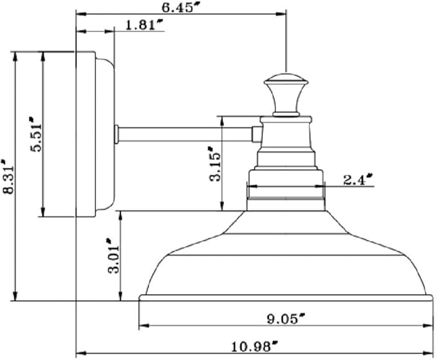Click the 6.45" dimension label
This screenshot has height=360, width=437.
click(181, 7)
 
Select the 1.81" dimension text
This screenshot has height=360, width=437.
click(144, 25)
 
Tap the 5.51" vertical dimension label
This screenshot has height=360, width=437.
click(36, 134)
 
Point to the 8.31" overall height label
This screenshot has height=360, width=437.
click(8, 177)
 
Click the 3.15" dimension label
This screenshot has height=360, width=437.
click(214, 164)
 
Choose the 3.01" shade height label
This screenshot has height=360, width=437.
click(114, 256)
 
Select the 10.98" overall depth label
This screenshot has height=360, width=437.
click(255, 346)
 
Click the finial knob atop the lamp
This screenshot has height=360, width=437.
click(286, 95)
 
